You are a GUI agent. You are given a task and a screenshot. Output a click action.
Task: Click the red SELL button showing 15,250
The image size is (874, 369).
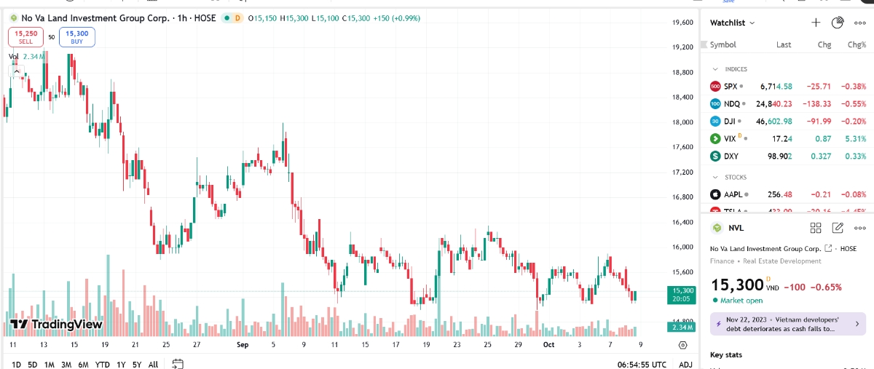pyautogui.click(x=25, y=36)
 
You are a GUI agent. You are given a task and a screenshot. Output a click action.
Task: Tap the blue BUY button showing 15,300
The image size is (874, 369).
pyautogui.click(x=76, y=36)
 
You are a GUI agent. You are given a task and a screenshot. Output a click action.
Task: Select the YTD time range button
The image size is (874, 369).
pyautogui.click(x=102, y=364)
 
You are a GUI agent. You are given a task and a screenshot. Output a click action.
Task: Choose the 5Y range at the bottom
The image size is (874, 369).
pyautogui.click(x=137, y=364)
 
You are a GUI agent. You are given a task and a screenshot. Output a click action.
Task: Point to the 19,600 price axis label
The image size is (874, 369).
pyautogui.click(x=682, y=23)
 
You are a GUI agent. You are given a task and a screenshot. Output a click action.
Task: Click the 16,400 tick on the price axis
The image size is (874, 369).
pyautogui.click(x=682, y=222)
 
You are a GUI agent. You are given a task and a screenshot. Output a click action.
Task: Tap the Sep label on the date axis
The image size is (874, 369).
pyautogui.click(x=243, y=345)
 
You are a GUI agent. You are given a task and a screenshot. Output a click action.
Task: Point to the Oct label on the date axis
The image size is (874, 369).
pyautogui.click(x=549, y=345)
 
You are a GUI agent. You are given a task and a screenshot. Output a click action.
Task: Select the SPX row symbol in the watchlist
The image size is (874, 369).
pyautogui.click(x=731, y=86)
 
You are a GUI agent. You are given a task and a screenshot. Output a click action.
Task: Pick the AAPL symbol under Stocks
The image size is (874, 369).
pyautogui.click(x=733, y=194)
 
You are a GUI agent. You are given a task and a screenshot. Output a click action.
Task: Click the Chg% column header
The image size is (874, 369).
pyautogui.click(x=857, y=44)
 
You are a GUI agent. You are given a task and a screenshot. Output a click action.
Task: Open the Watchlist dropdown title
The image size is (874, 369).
pyautogui.click(x=732, y=23)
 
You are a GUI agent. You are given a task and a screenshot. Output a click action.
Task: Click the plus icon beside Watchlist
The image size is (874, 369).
pyautogui.click(x=816, y=23)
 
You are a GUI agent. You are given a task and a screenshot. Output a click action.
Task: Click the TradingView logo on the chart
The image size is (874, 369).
pyautogui.click(x=55, y=324)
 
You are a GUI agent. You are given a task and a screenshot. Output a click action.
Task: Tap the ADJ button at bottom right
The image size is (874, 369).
pyautogui.click(x=685, y=364)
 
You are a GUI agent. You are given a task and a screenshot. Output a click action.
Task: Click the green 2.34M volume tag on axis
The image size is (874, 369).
pyautogui.click(x=682, y=328)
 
